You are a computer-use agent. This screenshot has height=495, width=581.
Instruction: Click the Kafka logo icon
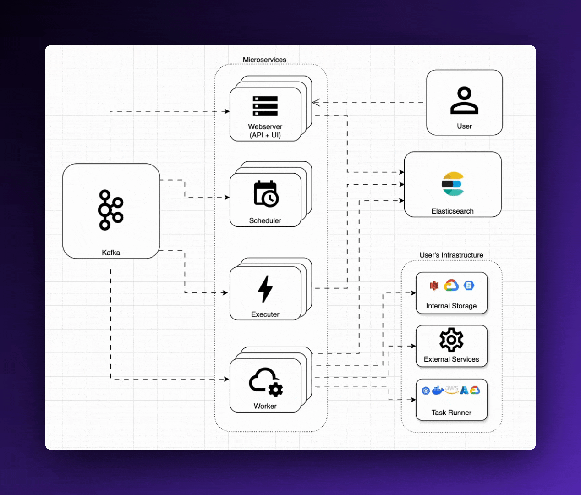(x=110, y=210)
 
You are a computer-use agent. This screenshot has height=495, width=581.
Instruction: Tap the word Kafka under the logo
(x=111, y=253)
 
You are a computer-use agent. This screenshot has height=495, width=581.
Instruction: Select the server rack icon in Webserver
(x=265, y=106)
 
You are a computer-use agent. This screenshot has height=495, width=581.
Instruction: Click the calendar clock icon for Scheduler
(x=266, y=194)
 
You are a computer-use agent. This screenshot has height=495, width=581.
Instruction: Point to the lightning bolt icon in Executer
(x=265, y=289)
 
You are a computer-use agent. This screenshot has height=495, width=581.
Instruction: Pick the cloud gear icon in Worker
(x=266, y=382)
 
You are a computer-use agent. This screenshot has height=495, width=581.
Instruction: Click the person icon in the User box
(x=464, y=100)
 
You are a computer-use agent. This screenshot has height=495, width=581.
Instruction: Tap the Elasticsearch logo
(x=453, y=184)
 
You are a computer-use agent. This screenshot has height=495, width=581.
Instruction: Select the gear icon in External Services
(x=451, y=340)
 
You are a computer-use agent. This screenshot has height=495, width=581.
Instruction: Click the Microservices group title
(x=264, y=60)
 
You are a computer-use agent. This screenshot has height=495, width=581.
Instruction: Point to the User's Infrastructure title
(x=451, y=255)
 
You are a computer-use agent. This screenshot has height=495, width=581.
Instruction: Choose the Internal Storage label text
(x=451, y=306)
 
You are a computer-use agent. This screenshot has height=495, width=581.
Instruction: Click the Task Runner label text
(x=451, y=412)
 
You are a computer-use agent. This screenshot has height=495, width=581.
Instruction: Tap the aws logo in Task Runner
(x=452, y=389)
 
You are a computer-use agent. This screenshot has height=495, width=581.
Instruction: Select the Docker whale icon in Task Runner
(x=438, y=390)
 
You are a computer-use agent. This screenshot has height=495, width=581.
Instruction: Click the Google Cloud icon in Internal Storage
(x=451, y=285)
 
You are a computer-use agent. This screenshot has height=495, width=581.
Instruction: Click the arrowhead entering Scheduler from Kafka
(x=227, y=198)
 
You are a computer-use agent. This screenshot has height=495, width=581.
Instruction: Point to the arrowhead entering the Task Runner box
(x=413, y=400)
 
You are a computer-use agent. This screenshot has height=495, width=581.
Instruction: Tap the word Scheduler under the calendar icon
(x=265, y=220)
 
